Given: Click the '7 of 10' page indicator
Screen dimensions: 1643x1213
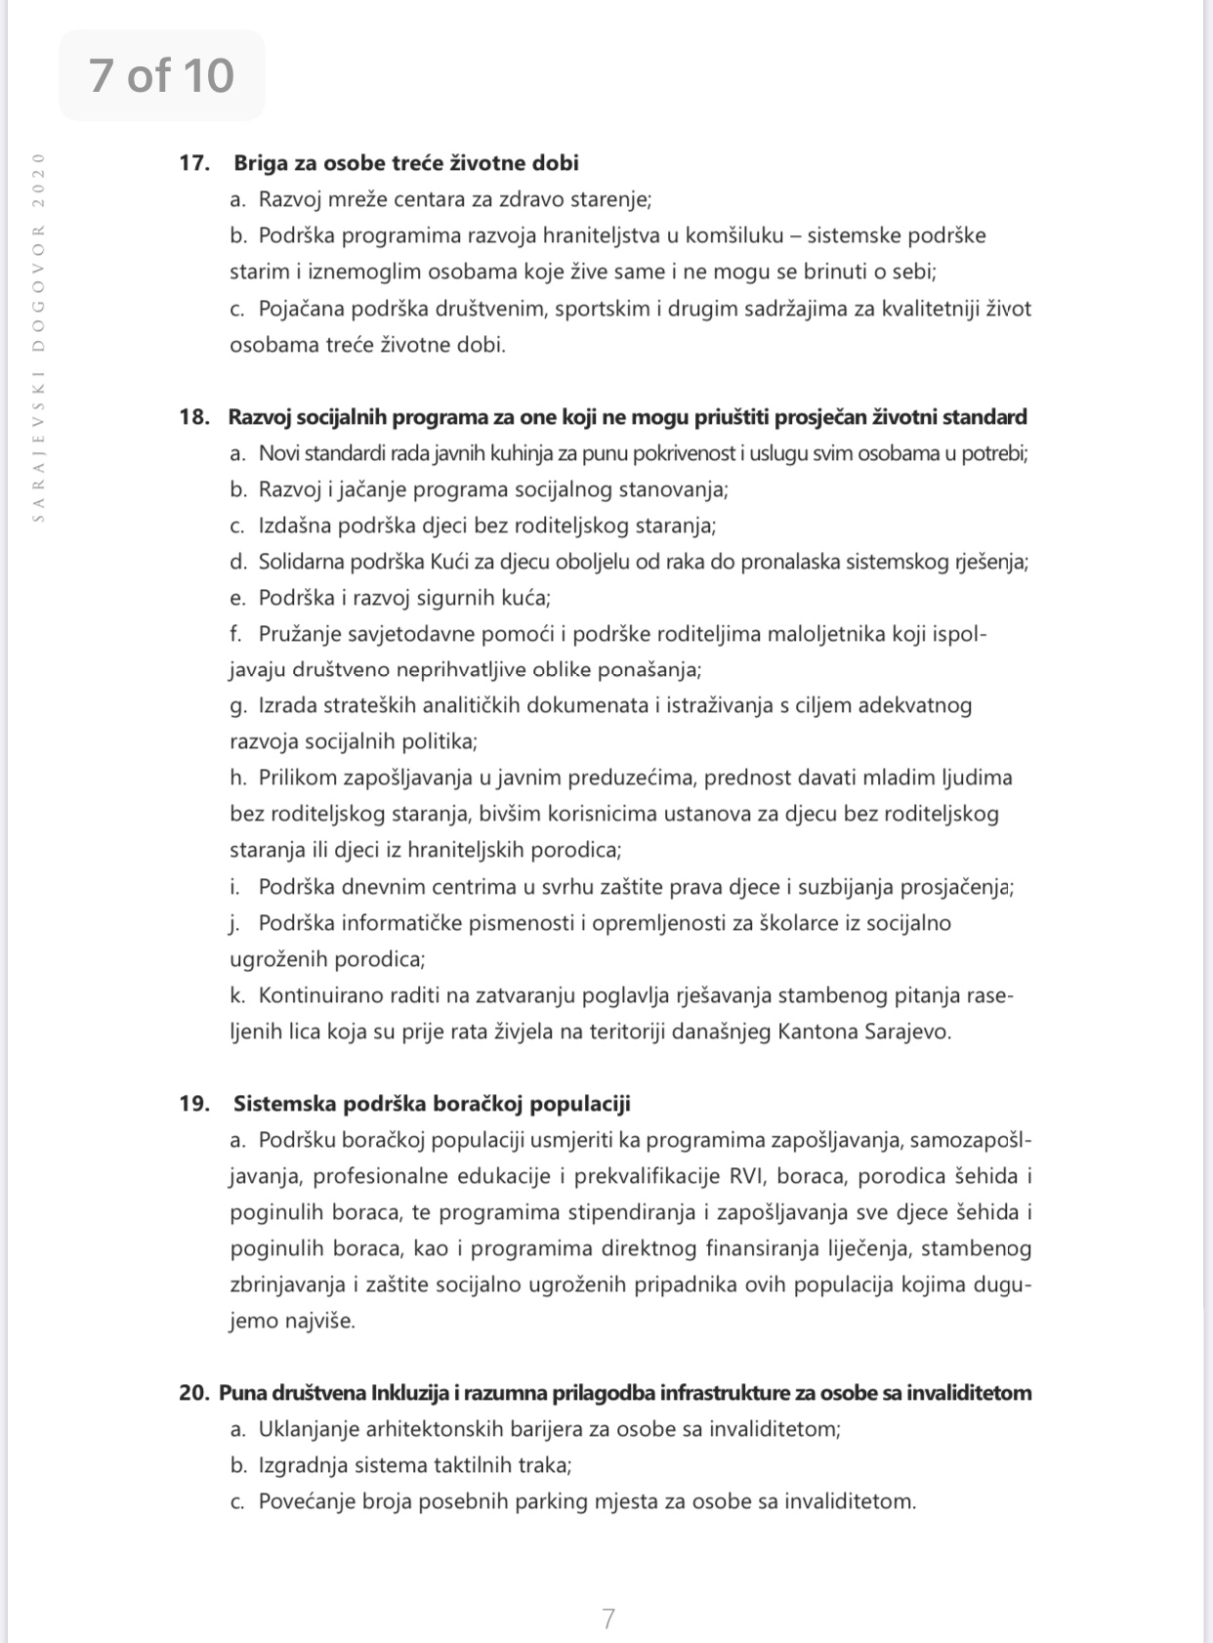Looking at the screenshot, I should (x=162, y=75).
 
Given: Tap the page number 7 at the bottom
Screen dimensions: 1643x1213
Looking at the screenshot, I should (x=608, y=1619).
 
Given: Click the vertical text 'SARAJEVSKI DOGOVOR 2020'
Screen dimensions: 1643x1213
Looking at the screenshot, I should (x=39, y=337).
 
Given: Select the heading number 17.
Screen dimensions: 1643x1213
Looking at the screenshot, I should (x=194, y=163).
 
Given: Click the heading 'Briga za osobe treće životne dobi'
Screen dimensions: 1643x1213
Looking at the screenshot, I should (x=406, y=163).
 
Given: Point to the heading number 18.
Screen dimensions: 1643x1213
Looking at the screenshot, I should (x=194, y=417).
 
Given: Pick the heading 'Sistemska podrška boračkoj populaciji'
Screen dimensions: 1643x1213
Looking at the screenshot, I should (x=432, y=1104).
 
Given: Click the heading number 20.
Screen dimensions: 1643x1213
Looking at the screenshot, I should (x=194, y=1393).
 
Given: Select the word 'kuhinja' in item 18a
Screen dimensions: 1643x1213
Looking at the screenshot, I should (x=551, y=453).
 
